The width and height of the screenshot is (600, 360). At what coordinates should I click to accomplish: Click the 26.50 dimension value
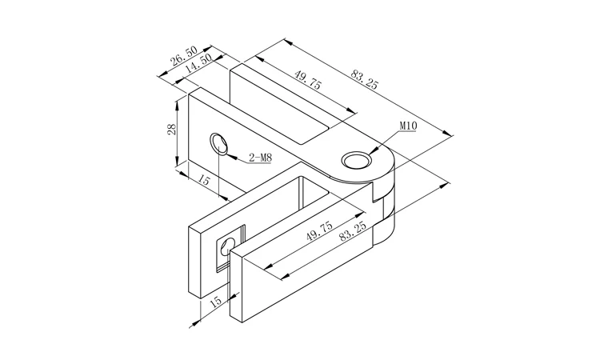tap(184, 56)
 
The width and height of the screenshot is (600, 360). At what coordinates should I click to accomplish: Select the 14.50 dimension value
tap(198, 63)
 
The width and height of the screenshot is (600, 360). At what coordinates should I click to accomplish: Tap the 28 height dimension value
tap(172, 129)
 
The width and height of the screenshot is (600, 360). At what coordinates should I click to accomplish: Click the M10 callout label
tap(408, 126)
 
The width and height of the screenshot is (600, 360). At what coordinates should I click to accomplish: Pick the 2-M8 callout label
tap(260, 158)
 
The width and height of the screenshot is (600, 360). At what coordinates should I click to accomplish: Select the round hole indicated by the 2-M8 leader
tap(218, 145)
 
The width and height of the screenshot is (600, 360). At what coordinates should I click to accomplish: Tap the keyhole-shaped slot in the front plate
tap(228, 246)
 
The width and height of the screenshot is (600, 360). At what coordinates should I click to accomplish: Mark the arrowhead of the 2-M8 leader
tap(227, 154)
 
